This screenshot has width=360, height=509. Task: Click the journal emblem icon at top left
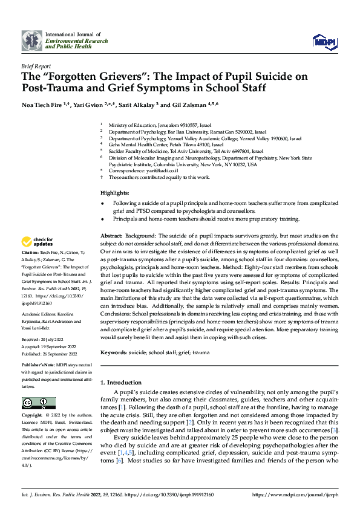tap(32, 41)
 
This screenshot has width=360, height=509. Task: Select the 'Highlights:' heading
tap(114, 192)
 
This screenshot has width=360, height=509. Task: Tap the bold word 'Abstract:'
tap(111, 235)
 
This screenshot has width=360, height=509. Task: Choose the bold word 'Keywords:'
tap(114, 351)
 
